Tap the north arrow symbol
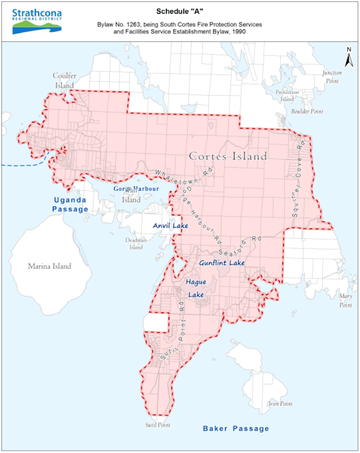pyautogui.click(x=347, y=58)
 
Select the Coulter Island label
pyautogui.click(x=64, y=80)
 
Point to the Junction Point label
pyautogui.click(x=332, y=76)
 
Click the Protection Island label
pyautogui.click(x=287, y=95)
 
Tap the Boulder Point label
pyautogui.click(x=307, y=112)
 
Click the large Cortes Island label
pyautogui.click(x=227, y=156)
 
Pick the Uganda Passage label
pyautogui.click(x=70, y=204)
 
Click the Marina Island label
pyautogui.click(x=49, y=266)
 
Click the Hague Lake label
pyautogui.click(x=196, y=288)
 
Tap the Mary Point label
pyautogui.click(x=345, y=301)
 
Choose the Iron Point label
pyautogui.click(x=280, y=403)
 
